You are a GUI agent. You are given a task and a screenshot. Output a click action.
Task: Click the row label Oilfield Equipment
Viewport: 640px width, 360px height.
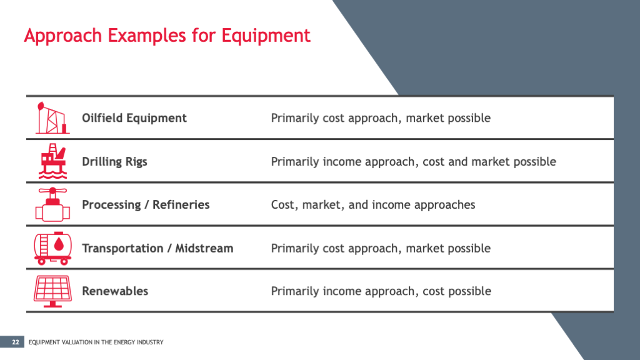coord(134,118)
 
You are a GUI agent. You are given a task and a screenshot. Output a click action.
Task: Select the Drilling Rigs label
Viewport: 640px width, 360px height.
coord(114,162)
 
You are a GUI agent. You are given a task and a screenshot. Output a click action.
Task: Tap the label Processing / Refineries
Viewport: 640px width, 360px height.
coord(146,205)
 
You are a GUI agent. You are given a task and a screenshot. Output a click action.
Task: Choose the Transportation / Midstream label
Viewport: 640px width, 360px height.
coord(157,248)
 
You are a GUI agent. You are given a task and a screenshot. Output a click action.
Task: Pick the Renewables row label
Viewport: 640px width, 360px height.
coord(115,291)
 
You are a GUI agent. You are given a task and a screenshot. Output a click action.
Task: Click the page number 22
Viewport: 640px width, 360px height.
coord(15,342)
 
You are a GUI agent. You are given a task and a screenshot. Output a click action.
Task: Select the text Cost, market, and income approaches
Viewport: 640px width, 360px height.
coord(373,205)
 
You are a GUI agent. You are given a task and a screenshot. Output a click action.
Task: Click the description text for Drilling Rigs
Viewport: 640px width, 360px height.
coord(413,162)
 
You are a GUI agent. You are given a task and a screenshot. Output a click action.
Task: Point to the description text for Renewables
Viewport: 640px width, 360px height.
coord(381,291)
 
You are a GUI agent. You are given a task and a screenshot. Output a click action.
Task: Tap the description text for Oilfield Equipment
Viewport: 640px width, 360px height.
coord(381,118)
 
